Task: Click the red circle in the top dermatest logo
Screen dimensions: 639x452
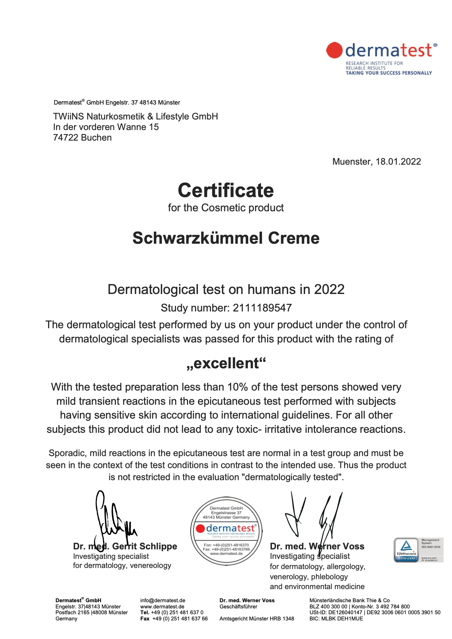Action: [334, 50]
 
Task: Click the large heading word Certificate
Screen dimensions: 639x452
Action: [226, 191]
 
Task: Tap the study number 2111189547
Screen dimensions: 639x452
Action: [262, 308]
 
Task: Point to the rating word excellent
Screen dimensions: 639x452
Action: [226, 363]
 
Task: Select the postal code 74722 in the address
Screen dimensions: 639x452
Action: [66, 138]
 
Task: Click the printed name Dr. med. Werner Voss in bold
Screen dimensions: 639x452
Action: [317, 546]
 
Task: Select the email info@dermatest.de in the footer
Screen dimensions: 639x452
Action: [163, 600]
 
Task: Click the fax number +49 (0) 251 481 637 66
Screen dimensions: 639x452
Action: [180, 619]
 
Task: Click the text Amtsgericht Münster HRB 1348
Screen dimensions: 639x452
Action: [257, 619]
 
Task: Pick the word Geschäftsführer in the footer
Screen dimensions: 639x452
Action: [238, 607]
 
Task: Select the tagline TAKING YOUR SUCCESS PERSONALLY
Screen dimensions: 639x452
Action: [389, 73]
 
